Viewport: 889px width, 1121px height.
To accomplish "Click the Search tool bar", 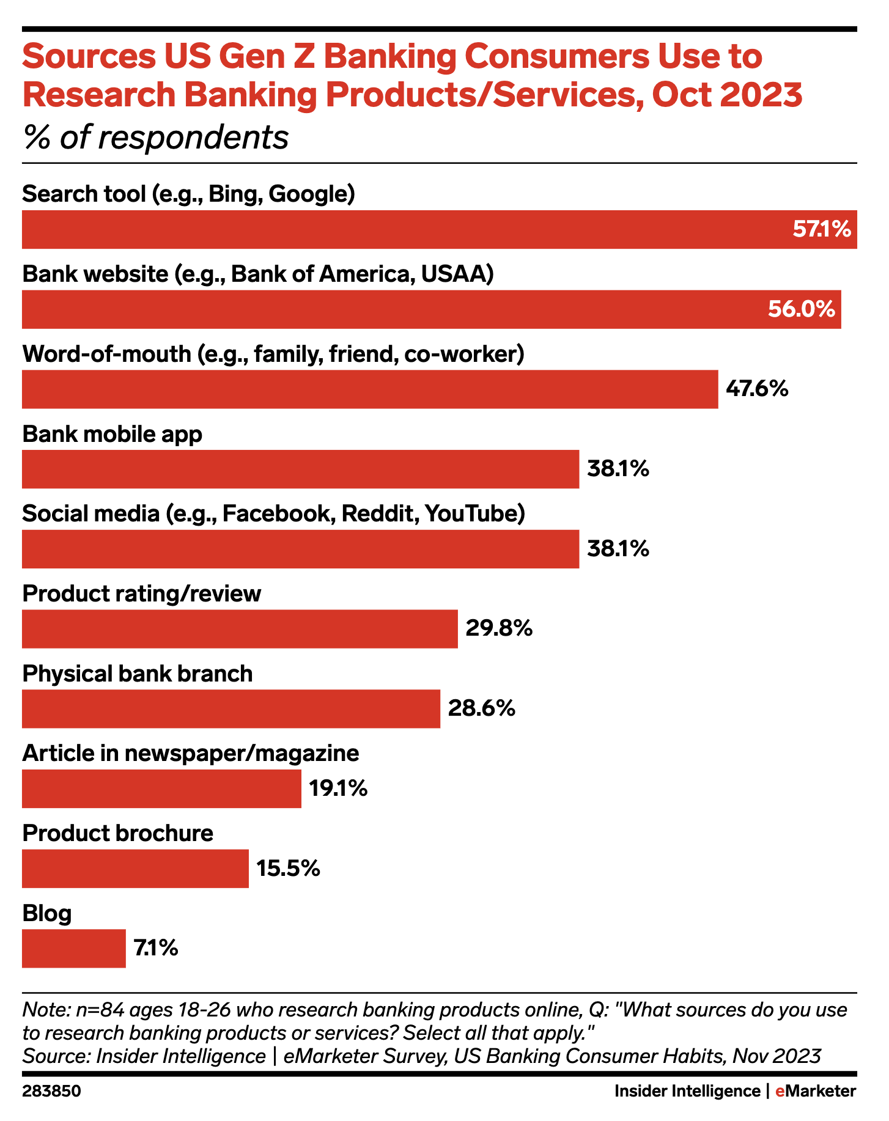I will click(x=439, y=229).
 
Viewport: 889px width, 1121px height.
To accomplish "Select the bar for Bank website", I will click(x=431, y=309).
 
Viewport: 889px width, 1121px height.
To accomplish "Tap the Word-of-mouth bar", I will click(x=370, y=389).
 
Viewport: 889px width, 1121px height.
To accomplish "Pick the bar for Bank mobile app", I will click(x=300, y=469).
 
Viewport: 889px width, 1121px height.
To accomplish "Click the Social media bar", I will click(x=300, y=549).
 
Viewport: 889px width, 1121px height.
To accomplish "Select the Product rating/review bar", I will click(x=240, y=629).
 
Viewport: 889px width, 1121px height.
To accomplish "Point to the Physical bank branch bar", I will click(x=231, y=709).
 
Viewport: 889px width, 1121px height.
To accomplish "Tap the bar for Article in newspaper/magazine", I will click(x=161, y=788).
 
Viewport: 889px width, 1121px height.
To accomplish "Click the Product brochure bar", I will click(x=135, y=869).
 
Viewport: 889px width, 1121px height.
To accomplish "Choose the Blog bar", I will click(x=73, y=949).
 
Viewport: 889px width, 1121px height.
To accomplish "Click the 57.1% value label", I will click(x=821, y=230).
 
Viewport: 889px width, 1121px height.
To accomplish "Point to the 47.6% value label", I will click(x=757, y=389).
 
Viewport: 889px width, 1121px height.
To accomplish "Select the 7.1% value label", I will click(x=156, y=949).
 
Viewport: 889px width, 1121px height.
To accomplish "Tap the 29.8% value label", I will click(x=499, y=629).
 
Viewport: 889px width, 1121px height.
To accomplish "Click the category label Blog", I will click(x=47, y=914).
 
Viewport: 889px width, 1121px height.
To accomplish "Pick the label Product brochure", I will click(x=118, y=834).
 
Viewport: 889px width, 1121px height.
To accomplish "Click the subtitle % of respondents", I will click(x=155, y=138).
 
